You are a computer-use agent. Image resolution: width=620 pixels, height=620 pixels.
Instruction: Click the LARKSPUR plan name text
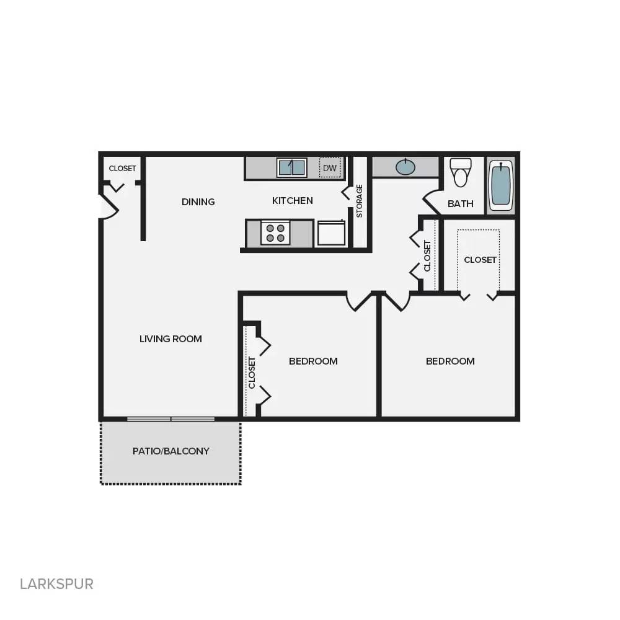tap(56, 583)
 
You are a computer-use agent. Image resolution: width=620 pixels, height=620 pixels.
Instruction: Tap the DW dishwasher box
tap(330, 167)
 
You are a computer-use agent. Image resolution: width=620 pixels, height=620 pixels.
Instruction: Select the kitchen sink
tap(291, 168)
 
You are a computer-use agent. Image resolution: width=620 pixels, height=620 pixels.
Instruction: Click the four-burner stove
tap(275, 233)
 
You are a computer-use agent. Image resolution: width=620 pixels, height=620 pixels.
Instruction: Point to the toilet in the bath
tap(460, 172)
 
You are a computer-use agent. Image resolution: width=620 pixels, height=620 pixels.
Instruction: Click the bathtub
tap(501, 185)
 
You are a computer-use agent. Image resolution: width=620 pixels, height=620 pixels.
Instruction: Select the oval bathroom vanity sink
tap(405, 167)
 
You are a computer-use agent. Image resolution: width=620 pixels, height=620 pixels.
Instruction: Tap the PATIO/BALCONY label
tap(171, 451)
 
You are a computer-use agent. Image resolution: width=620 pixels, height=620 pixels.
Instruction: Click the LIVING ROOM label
tap(170, 339)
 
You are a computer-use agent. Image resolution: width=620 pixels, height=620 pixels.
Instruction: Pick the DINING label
tap(198, 201)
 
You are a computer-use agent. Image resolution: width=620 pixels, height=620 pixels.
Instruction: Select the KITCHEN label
tap(293, 200)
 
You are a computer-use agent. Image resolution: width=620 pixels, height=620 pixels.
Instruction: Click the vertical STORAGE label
tap(360, 201)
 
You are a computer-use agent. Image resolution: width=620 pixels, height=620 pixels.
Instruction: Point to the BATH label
tap(461, 203)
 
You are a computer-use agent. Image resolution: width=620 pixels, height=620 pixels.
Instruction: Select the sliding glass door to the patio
tap(171, 419)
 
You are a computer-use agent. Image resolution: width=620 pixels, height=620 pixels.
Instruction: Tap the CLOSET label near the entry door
tap(122, 169)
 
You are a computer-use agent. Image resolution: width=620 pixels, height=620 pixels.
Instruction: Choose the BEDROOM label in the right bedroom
tap(450, 361)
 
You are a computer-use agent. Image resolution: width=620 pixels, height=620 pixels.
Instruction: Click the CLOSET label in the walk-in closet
tap(480, 260)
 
